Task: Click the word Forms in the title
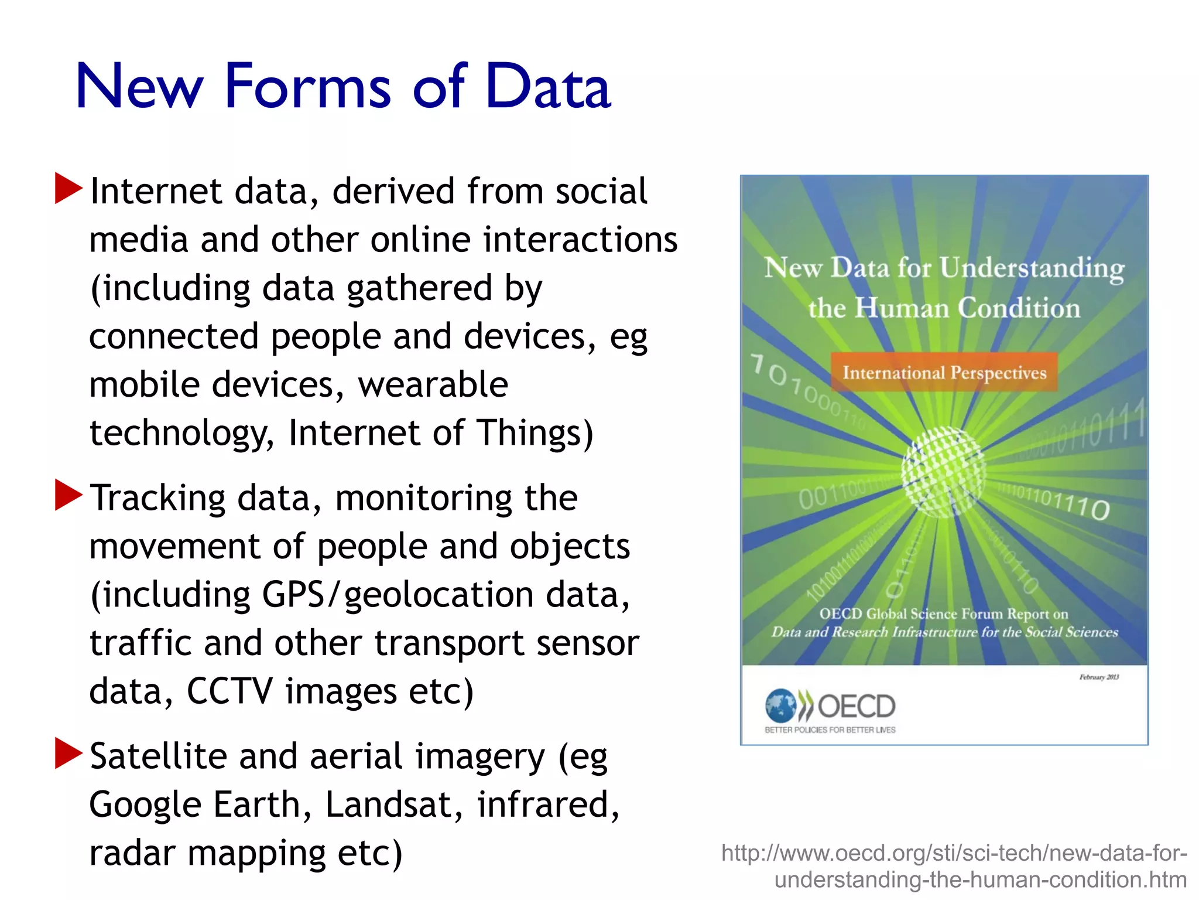[307, 87]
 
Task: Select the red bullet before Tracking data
[68, 495]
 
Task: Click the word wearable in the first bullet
[433, 385]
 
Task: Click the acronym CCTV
[229, 691]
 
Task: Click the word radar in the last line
[132, 853]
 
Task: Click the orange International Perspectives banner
[944, 372]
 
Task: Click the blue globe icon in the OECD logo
[780, 705]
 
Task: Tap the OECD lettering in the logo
[856, 707]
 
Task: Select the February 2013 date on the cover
[1099, 677]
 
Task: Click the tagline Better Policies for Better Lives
[830, 730]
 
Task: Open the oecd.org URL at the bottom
[954, 866]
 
